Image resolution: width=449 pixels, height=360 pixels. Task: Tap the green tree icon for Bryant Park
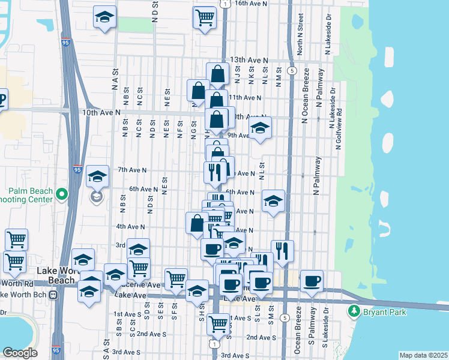[x=354, y=311]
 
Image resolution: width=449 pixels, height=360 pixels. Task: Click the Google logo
[x=20, y=352]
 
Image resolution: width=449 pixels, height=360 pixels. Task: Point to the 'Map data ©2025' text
[x=423, y=355]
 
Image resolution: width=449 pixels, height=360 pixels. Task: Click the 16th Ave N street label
[x=250, y=3]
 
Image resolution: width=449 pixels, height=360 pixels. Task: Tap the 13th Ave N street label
[x=249, y=61]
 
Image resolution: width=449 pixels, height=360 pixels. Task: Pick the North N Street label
[x=300, y=40]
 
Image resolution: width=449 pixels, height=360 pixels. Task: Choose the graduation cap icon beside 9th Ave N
[x=260, y=128]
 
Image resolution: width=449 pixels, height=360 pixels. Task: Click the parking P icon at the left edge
[x=2, y=99]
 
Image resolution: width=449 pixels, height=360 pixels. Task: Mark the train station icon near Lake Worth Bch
[x=53, y=295]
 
